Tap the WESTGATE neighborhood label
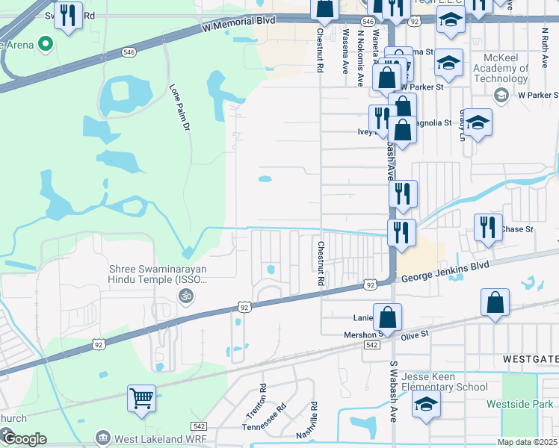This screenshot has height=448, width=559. coord(529,358)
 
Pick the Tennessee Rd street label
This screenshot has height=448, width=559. coord(265,418)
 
